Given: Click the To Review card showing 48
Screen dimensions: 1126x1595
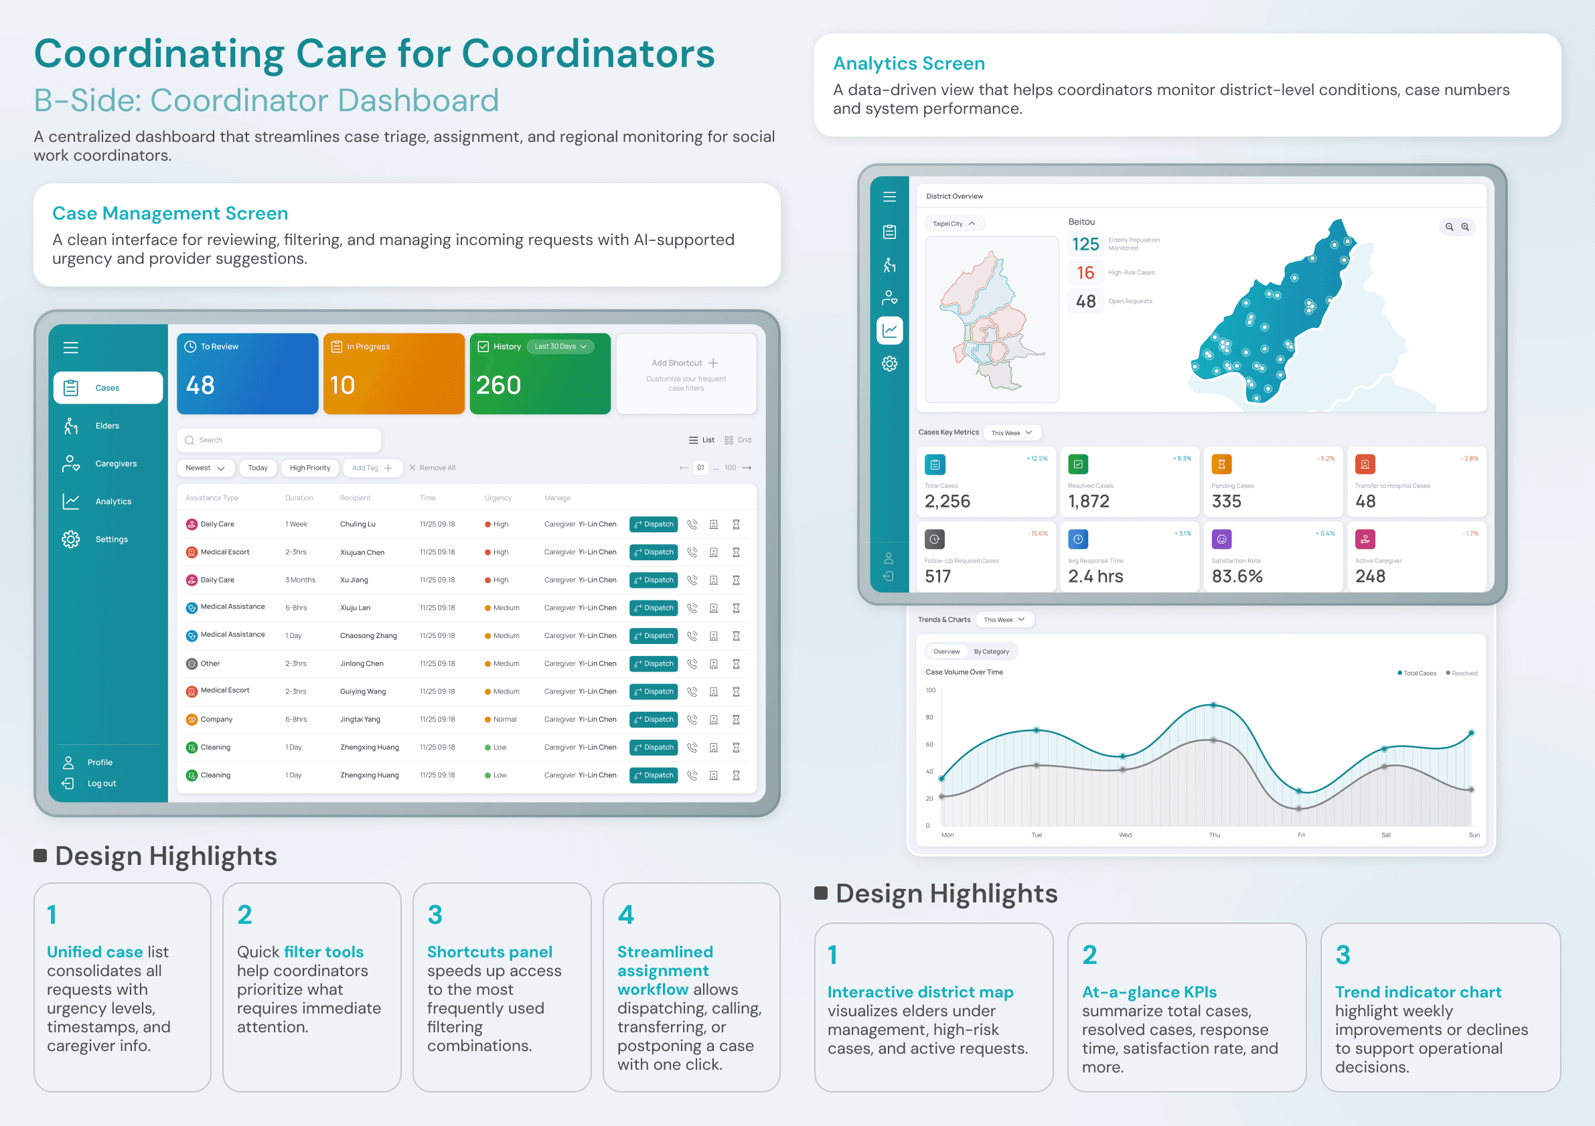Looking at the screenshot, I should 247,374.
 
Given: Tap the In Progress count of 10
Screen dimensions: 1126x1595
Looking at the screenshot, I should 341,386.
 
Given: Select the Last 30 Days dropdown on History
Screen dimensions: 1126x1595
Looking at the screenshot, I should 560,347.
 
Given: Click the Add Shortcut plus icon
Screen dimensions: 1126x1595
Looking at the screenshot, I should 713,364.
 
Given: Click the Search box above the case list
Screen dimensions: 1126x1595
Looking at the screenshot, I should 279,440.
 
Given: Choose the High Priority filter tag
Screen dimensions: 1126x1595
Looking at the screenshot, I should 310,468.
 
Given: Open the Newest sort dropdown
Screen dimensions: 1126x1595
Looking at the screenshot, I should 205,468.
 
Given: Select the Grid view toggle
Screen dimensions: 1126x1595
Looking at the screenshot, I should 738,440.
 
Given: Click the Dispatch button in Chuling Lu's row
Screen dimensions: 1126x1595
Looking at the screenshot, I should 653,524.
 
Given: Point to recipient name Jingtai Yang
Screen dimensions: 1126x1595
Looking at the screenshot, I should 360,720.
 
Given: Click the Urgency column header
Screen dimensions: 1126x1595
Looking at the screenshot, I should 498,498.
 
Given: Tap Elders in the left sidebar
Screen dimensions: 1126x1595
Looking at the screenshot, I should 107,426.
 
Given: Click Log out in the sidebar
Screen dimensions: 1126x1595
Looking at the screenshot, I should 101,783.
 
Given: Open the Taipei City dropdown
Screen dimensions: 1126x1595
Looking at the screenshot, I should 954,224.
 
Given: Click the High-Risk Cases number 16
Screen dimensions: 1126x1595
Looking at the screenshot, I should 1085,273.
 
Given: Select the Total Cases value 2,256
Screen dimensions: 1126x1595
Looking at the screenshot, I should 947,501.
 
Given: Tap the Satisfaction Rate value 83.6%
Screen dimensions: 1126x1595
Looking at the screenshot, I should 1237,576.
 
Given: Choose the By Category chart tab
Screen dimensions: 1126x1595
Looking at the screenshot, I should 991,651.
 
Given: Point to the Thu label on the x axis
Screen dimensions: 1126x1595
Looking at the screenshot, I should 1214,835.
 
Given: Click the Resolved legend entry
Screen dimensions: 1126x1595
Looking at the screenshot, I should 1462,673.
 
